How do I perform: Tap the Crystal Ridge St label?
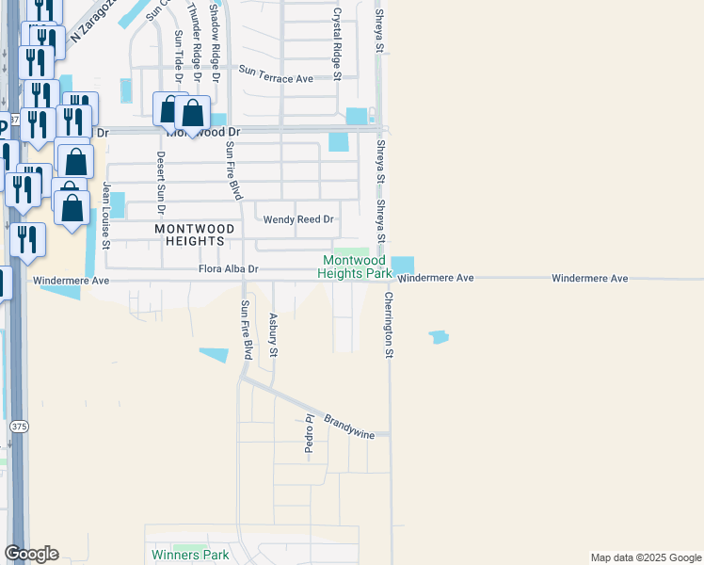point(336,39)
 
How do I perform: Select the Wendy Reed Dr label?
point(298,219)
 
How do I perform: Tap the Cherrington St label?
point(388,324)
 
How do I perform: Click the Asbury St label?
point(274,335)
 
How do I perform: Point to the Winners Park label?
point(189,555)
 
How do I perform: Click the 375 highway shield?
point(19,427)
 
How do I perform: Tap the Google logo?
point(31,554)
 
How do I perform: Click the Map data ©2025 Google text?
point(645,557)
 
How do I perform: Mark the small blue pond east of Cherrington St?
point(439,336)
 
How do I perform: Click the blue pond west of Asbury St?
point(214,355)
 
